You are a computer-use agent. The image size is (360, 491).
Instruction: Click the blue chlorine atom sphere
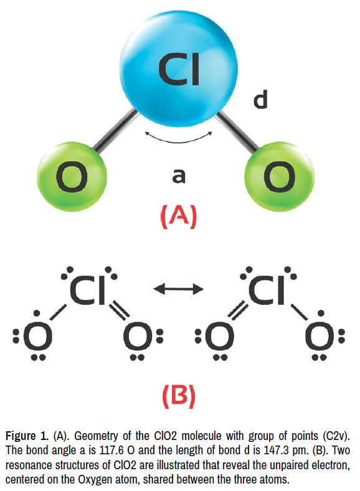click(x=178, y=68)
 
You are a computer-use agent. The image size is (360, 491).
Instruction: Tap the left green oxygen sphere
click(x=72, y=177)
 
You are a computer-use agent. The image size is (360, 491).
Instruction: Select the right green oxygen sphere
click(x=279, y=177)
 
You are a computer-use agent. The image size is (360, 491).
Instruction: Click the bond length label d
click(x=260, y=100)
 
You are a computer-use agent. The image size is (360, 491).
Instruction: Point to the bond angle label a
click(x=179, y=175)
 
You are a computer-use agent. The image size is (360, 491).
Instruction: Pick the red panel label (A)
click(x=179, y=217)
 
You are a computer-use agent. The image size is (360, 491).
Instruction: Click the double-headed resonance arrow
click(x=179, y=289)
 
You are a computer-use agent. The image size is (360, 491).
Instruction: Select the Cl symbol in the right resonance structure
click(x=267, y=290)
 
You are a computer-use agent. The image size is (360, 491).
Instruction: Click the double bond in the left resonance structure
click(x=119, y=311)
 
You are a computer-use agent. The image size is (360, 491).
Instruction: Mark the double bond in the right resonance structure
click(x=237, y=311)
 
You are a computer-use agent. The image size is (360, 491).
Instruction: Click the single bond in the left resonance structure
click(x=59, y=312)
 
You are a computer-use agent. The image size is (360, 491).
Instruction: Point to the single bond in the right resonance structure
click(x=299, y=312)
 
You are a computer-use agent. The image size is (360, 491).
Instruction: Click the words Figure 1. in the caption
click(x=27, y=436)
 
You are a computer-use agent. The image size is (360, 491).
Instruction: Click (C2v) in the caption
click(x=336, y=436)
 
